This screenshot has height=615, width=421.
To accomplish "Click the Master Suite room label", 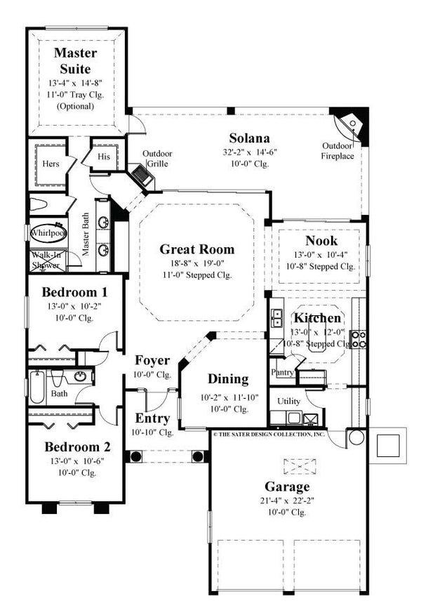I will click(x=76, y=60).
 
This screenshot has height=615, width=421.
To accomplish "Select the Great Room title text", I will click(x=196, y=249).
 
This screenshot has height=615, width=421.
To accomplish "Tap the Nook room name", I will click(x=322, y=241).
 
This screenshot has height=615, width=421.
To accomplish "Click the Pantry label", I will click(x=282, y=372).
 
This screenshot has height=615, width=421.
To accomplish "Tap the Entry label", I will click(x=152, y=419).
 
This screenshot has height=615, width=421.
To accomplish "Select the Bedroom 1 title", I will click(x=74, y=291).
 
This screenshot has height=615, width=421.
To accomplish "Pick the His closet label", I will click(x=104, y=157).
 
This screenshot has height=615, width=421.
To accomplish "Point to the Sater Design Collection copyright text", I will click(x=269, y=435).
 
